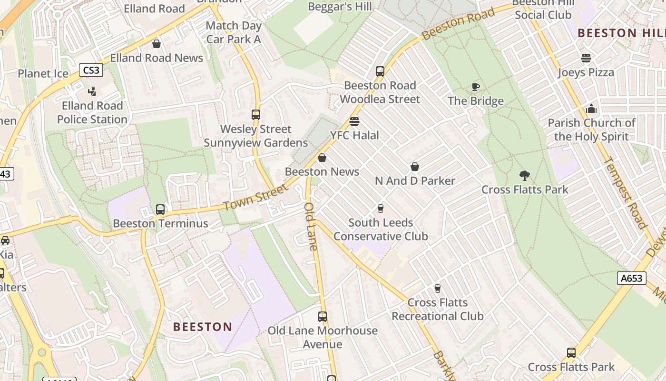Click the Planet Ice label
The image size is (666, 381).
[43, 73]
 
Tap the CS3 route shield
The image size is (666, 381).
[91, 70]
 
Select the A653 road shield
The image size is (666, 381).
[632, 278]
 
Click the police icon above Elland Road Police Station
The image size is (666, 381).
[92, 91]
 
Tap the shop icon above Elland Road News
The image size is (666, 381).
[157, 44]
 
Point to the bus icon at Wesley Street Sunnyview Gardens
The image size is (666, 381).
[256, 115]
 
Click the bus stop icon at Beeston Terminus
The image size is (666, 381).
[160, 210]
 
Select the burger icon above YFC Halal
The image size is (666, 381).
[354, 121]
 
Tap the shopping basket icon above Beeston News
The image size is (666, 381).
[322, 158]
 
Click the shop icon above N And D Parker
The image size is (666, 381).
[415, 167]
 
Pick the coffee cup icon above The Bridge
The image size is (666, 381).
[475, 87]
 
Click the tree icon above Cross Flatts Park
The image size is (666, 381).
[525, 176]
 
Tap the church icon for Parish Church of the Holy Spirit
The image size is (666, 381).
[591, 109]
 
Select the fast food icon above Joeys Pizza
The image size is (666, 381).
[586, 58]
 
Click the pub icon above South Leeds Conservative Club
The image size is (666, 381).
[380, 209]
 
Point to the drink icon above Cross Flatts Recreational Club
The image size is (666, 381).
[438, 289]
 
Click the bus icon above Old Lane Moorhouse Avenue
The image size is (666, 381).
[323, 317]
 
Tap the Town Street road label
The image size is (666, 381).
[255, 198]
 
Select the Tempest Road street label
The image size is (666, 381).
[625, 193]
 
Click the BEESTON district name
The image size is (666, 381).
[203, 327]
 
